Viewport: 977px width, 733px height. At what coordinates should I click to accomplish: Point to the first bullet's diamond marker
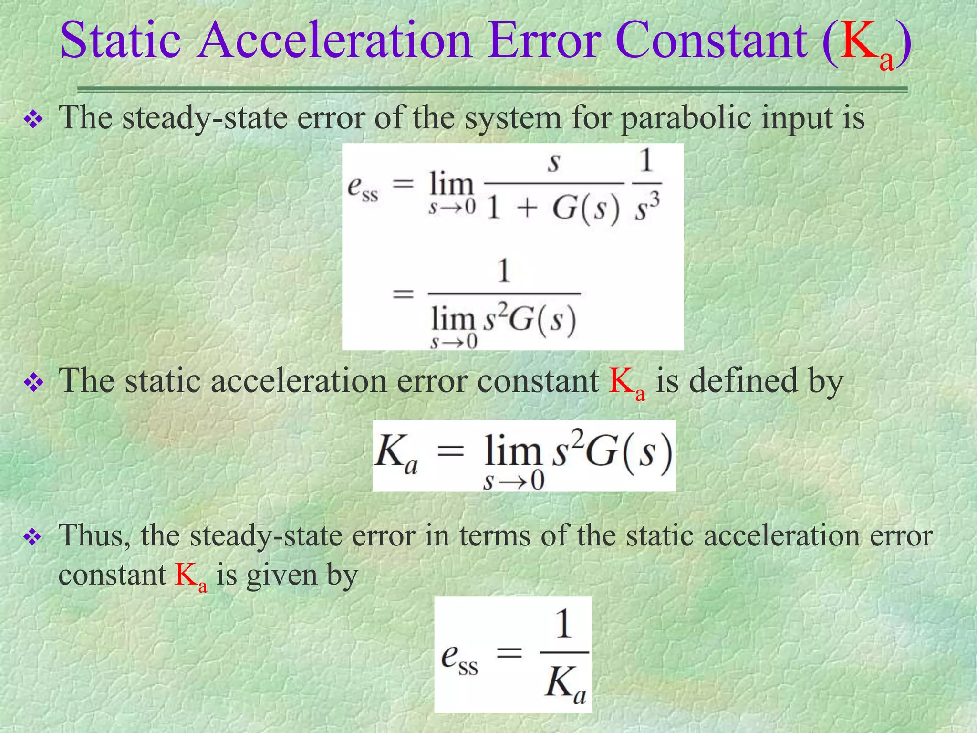point(34,119)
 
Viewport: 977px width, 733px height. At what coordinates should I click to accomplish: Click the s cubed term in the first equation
point(647,210)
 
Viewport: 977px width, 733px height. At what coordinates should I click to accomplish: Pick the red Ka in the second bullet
point(627,384)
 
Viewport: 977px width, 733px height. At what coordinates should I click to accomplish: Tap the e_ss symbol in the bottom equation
point(459,659)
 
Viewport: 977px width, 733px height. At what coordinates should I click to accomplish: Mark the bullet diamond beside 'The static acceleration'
point(34,383)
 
